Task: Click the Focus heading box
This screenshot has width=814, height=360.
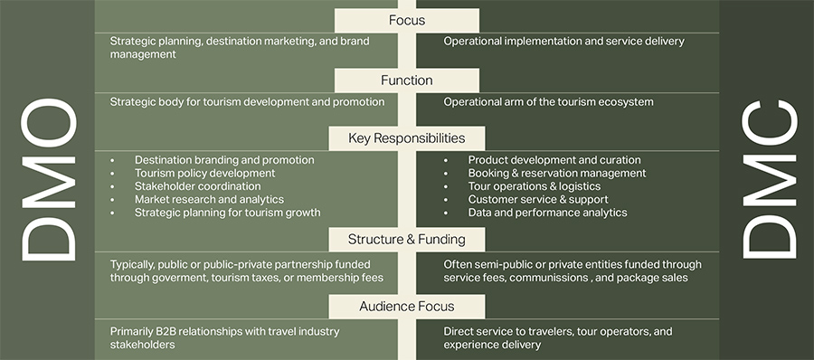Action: (x=406, y=20)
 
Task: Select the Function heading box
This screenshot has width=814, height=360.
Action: (x=406, y=81)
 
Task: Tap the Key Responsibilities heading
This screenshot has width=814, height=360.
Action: (x=406, y=138)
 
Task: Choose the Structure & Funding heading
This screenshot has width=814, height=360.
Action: (x=406, y=239)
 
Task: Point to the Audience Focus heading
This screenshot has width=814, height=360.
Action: (x=406, y=307)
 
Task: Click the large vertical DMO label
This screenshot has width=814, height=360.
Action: (x=48, y=181)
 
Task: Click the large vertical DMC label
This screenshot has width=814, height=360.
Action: (x=767, y=181)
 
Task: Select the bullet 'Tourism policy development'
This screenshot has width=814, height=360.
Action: (x=204, y=173)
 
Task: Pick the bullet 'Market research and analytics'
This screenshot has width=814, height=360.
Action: (x=209, y=199)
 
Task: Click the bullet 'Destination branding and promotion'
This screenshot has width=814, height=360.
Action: (x=224, y=160)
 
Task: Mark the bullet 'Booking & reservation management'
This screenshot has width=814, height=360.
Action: (x=556, y=173)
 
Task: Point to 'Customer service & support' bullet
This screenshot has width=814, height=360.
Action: (x=537, y=199)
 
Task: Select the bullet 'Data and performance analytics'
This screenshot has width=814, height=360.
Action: (x=547, y=213)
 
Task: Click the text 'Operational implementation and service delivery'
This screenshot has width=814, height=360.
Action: (x=563, y=42)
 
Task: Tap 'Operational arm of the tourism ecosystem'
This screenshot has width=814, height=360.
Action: (x=548, y=102)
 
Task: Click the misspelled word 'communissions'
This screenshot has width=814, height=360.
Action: (x=554, y=279)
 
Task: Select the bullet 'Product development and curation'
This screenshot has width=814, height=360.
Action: (x=554, y=160)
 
